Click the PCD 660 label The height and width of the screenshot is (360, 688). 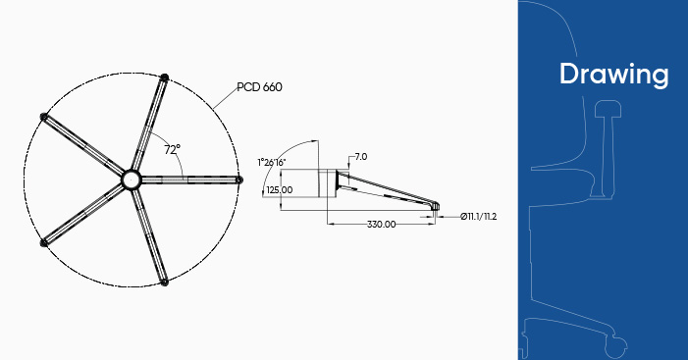259,87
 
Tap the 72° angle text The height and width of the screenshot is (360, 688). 172,149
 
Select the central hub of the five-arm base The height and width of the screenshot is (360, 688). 131,180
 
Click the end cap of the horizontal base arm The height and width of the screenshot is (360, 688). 238,180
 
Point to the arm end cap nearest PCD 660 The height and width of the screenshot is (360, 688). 165,77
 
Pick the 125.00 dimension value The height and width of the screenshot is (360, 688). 280,190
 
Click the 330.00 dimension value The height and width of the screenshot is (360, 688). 382,224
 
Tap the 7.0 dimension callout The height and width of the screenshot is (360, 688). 360,157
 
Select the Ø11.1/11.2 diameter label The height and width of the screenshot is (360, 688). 478,216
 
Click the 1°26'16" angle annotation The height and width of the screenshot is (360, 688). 272,162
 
